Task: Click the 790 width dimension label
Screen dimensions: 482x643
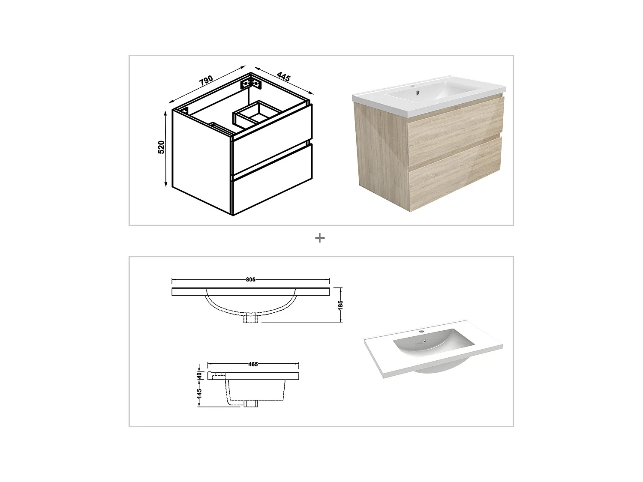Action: (206, 80)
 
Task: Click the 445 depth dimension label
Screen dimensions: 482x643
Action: (283, 77)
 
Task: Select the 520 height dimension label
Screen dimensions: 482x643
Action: (161, 147)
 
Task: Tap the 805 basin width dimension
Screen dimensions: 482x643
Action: (251, 280)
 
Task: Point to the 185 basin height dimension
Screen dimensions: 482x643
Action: (340, 305)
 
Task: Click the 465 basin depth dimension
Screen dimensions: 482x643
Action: (253, 365)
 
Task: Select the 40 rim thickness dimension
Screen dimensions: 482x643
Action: (199, 375)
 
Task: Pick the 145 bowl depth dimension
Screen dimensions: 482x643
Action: (199, 393)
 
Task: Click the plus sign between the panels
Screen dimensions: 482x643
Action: (320, 238)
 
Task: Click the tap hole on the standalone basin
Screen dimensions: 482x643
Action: (422, 332)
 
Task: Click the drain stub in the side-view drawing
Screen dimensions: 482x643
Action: (251, 403)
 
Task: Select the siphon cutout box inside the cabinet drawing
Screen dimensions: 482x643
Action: (256, 112)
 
